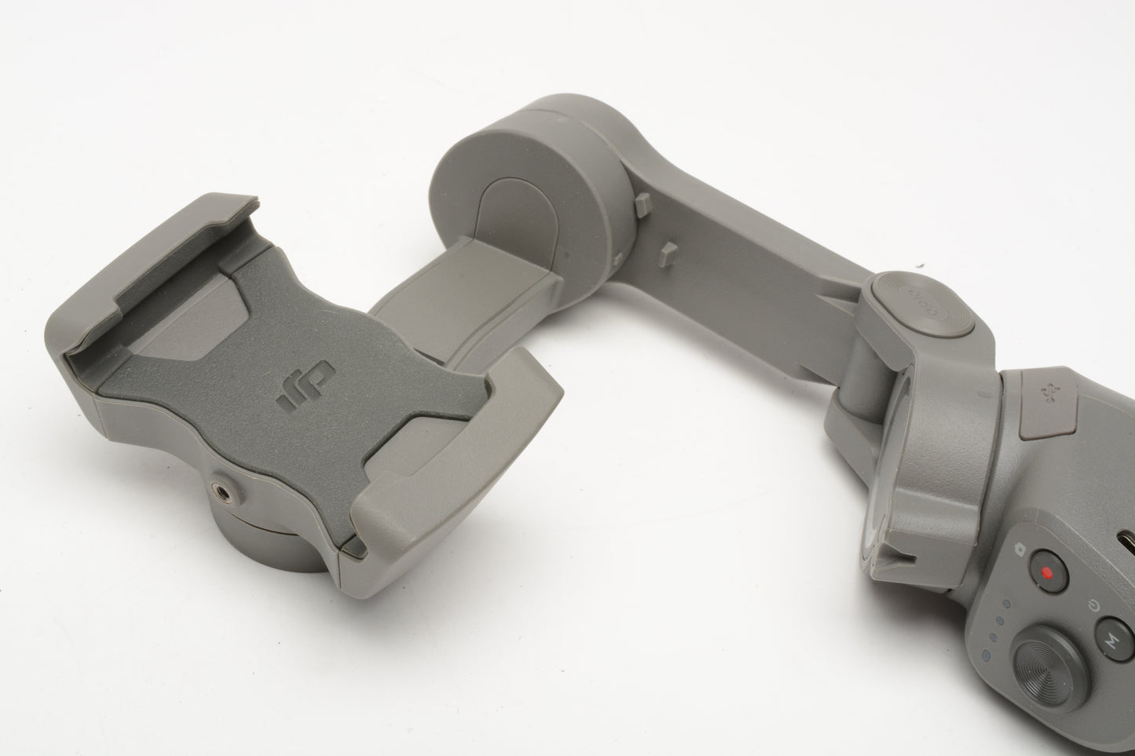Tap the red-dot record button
(x=1046, y=572)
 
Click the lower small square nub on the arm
(x=670, y=253)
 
